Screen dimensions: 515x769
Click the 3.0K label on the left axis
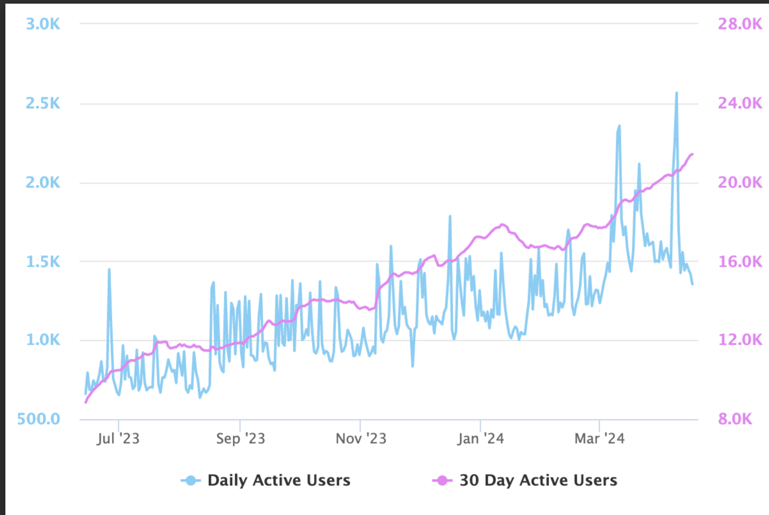tap(43, 24)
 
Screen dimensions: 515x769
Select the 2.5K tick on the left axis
tap(43, 103)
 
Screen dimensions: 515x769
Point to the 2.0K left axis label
tap(43, 183)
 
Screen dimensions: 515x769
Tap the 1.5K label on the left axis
tap(43, 262)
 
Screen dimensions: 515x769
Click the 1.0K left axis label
tap(43, 340)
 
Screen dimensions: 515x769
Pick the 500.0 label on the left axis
tap(38, 419)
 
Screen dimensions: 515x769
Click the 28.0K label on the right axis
tap(740, 24)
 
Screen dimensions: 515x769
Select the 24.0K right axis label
tap(740, 103)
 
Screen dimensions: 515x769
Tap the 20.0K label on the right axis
tap(740, 183)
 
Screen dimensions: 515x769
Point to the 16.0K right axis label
tap(740, 262)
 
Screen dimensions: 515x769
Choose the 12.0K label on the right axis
tap(740, 340)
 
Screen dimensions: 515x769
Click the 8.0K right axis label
tap(735, 419)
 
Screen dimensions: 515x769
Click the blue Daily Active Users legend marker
tap(191, 480)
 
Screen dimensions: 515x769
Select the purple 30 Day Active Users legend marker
tap(442, 480)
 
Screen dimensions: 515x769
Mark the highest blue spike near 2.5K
tap(677, 93)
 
